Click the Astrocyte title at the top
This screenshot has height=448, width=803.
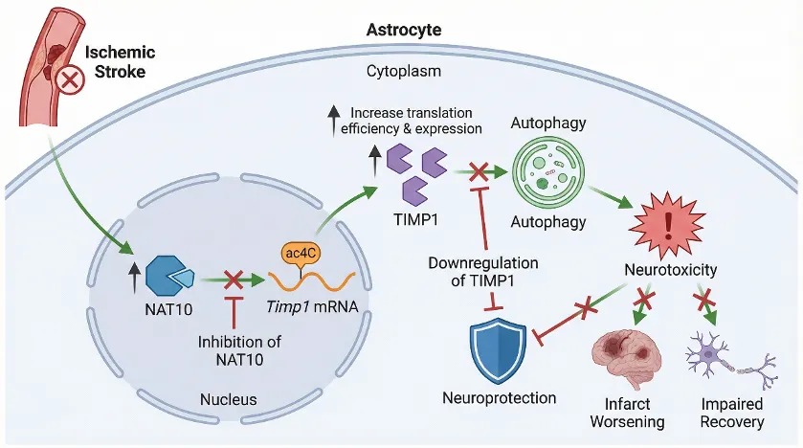[404, 30]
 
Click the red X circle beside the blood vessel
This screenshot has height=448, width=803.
[71, 83]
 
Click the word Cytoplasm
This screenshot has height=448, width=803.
[403, 72]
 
